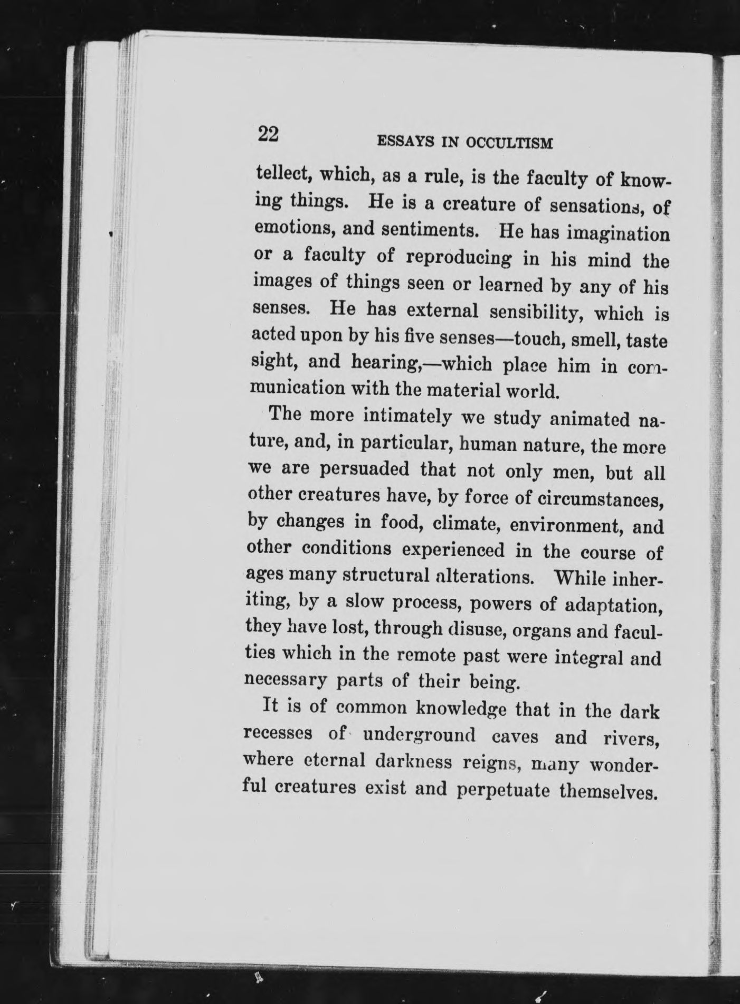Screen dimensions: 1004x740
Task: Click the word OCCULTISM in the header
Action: [509, 143]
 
